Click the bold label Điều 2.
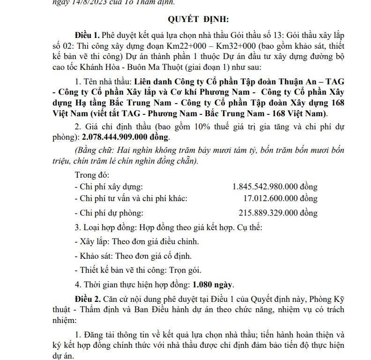[88, 299]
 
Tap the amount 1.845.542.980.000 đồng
[275, 187]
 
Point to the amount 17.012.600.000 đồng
[281, 198]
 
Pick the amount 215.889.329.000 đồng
[278, 213]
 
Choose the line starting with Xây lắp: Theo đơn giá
[137, 242]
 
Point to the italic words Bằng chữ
[92, 150]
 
